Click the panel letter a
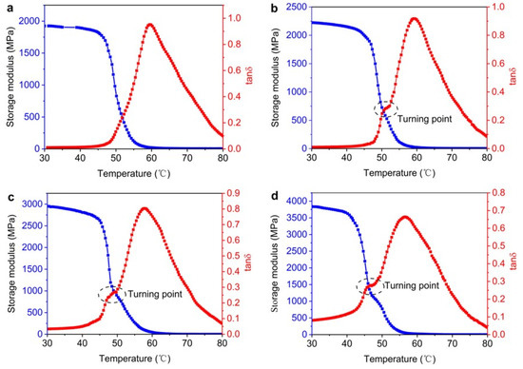pyautogui.click(x=6, y=8)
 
